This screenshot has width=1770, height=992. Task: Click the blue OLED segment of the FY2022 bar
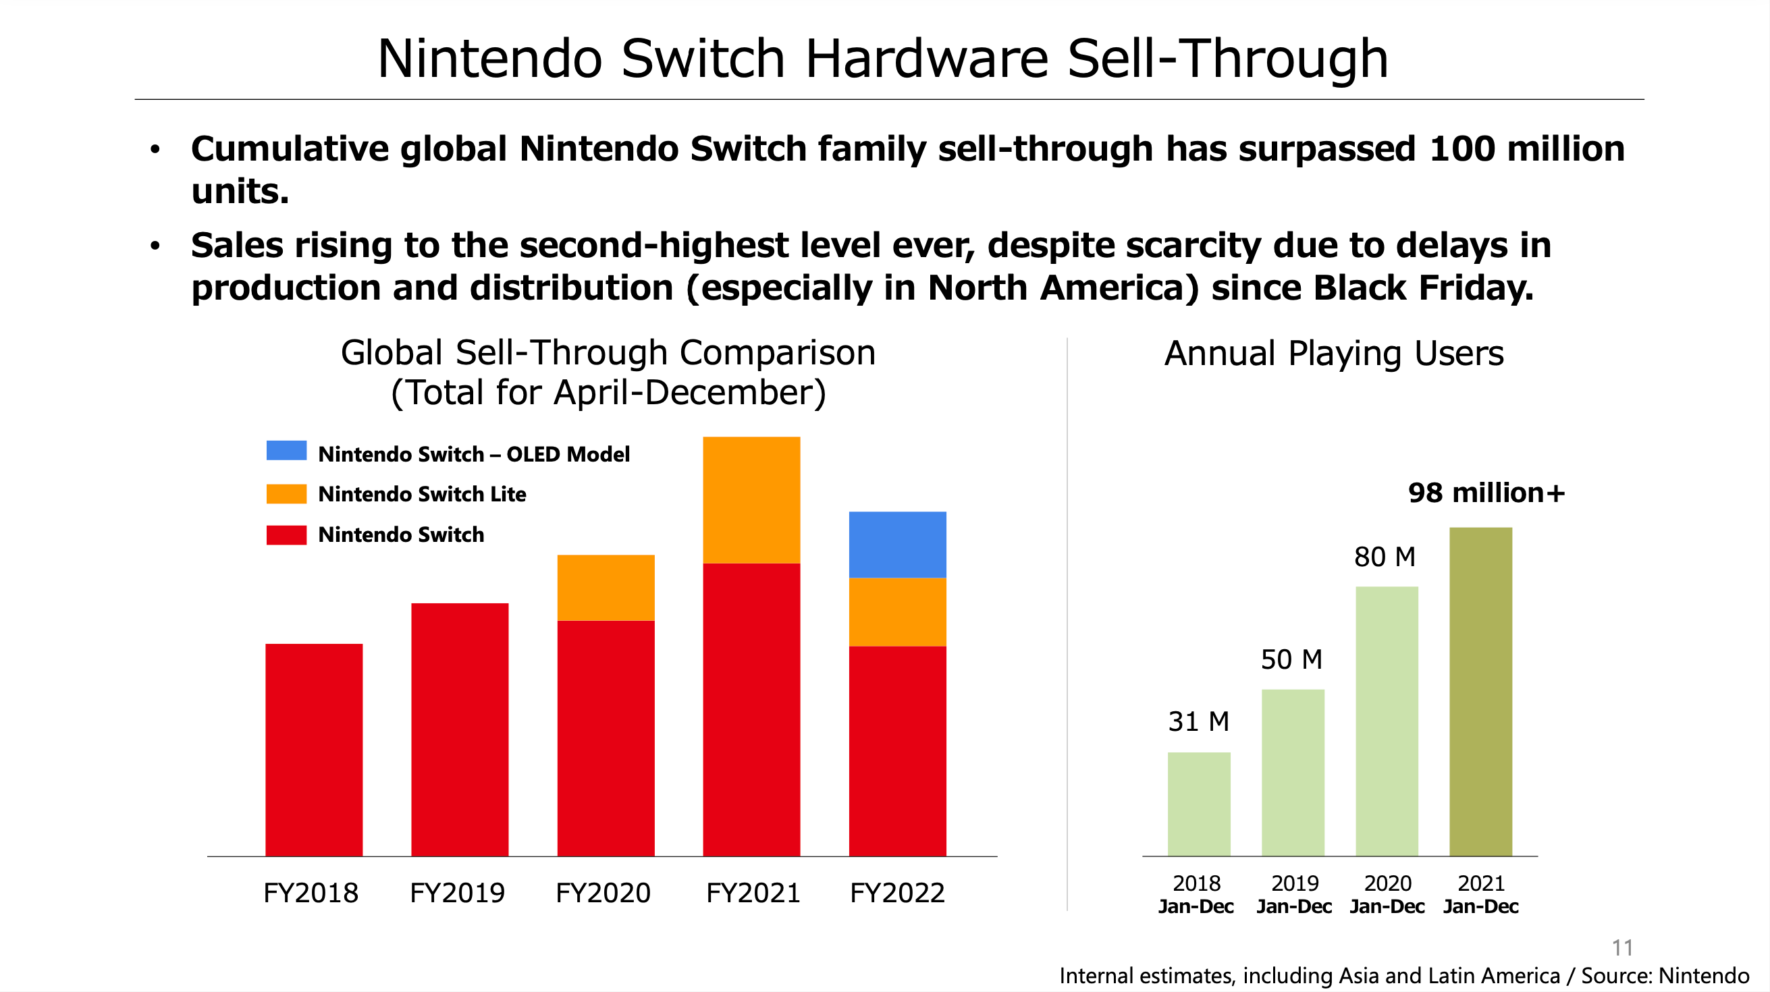(897, 544)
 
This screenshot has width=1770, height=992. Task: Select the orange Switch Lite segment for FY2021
(751, 499)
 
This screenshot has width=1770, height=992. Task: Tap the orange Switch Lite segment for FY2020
(606, 587)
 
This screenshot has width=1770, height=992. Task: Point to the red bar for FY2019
(460, 729)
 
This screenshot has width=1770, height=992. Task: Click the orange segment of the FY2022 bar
(897, 611)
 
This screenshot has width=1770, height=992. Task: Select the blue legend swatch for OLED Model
(286, 451)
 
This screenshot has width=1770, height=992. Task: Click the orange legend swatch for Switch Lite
(286, 494)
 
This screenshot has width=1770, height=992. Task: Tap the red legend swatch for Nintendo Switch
(286, 534)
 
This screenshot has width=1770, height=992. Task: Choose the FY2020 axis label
(603, 892)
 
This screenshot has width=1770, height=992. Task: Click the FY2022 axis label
(897, 892)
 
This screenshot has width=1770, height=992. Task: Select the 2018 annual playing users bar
(1199, 804)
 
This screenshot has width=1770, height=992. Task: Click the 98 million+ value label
(1486, 493)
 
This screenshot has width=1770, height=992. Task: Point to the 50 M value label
(1292, 659)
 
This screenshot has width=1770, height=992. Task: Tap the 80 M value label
(1385, 557)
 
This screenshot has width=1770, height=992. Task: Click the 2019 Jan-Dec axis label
(1295, 894)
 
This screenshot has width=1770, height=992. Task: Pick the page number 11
(1622, 948)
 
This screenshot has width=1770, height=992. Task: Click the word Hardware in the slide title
(926, 59)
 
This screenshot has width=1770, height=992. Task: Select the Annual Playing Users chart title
(1334, 354)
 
